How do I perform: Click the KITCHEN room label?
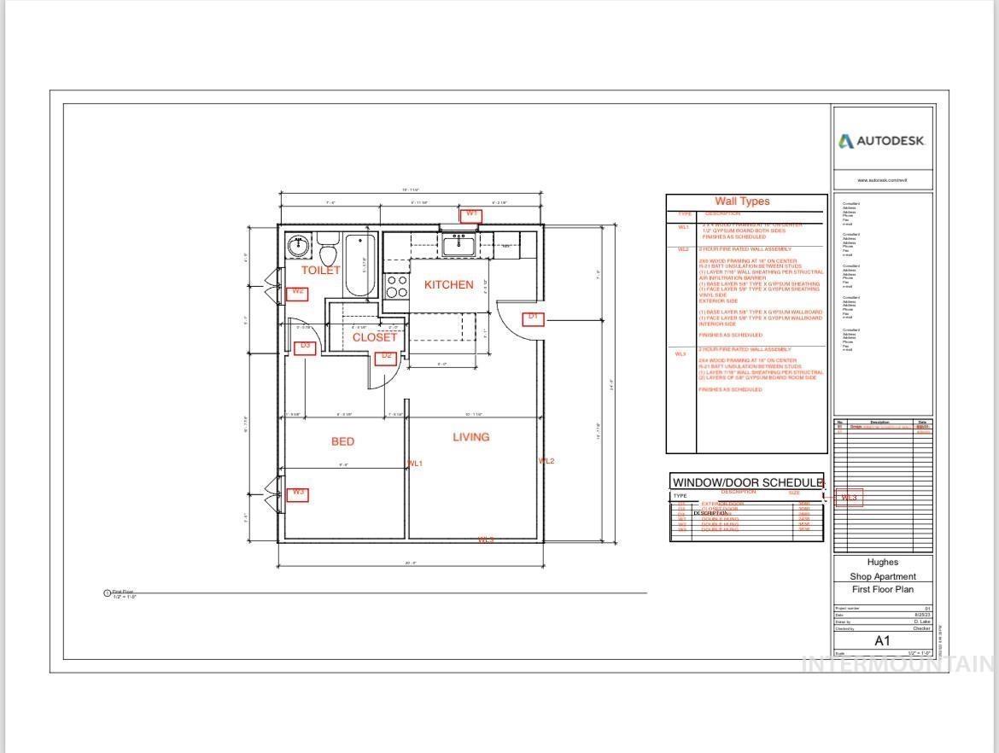tap(448, 285)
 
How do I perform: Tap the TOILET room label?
tap(320, 270)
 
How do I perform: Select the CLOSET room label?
tap(375, 337)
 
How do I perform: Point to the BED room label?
tap(342, 441)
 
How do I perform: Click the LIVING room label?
tap(470, 437)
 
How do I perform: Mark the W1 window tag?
tap(471, 214)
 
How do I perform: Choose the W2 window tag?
tap(298, 292)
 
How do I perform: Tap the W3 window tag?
tap(298, 493)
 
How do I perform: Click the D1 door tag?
tap(534, 318)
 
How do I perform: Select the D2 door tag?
tap(386, 356)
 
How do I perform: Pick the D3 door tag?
tap(305, 347)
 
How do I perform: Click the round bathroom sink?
tap(298, 247)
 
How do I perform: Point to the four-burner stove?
tap(396, 286)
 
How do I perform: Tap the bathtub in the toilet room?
tap(359, 265)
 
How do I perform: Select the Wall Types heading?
tap(742, 201)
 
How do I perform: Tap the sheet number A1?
tap(882, 640)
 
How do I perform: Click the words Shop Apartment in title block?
tap(882, 576)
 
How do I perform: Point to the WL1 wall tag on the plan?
tap(415, 464)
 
